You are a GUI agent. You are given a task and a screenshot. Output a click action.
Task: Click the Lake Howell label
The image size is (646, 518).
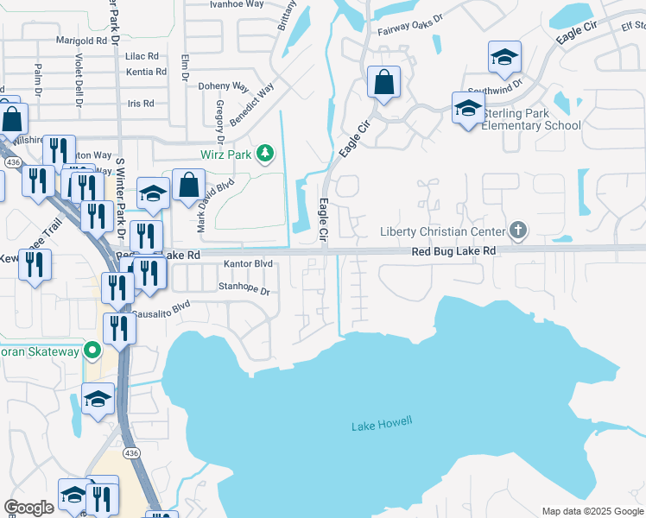pyautogui.click(x=382, y=425)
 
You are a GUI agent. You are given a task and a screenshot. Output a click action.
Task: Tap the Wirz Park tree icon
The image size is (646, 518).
pyautogui.click(x=265, y=155)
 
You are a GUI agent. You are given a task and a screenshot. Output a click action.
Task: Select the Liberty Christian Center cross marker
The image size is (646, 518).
pyautogui.click(x=517, y=231)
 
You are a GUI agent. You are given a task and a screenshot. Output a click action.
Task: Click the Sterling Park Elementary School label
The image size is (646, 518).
pyautogui.click(x=531, y=119)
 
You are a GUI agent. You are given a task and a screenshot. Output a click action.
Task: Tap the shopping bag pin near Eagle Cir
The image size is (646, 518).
pyautogui.click(x=383, y=84)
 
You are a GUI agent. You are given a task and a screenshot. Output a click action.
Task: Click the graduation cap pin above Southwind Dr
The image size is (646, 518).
pyautogui.click(x=504, y=58)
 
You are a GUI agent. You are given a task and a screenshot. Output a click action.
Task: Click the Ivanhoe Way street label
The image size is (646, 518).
pyautogui.click(x=237, y=3)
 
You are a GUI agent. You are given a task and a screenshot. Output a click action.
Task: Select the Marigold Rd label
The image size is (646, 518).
pyautogui.click(x=85, y=41)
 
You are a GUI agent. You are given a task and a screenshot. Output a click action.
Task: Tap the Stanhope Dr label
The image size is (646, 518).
pyautogui.click(x=244, y=290)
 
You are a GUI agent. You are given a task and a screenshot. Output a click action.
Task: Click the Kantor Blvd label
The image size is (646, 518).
pyautogui.click(x=248, y=263)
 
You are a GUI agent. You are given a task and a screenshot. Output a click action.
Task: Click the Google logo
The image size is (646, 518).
pyautogui.click(x=28, y=508)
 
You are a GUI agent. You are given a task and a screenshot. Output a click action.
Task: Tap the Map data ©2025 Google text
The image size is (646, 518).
pyautogui.click(x=592, y=511)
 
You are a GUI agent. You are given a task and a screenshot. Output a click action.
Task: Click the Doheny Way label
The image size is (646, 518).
pyautogui.click(x=223, y=87)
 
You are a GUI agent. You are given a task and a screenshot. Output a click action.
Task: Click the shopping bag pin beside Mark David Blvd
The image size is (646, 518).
pyautogui.click(x=188, y=185)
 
